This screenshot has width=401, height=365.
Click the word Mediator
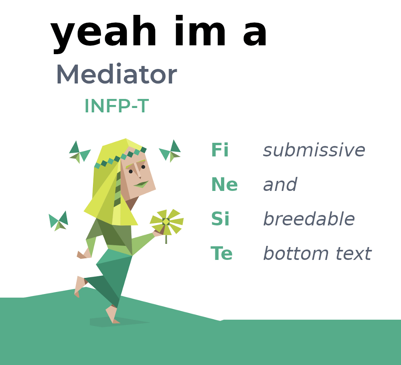117,74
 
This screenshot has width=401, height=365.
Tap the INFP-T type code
117,106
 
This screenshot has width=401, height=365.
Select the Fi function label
220,150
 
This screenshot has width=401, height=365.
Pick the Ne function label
224,185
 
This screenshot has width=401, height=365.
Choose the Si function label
220,219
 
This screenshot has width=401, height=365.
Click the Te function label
221,253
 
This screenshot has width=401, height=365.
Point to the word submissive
314,150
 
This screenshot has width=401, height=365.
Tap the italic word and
280,185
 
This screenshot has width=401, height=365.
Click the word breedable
309,219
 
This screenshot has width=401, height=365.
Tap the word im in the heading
200,31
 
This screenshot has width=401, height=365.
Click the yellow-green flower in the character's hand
166,222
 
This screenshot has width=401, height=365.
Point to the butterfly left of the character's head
80,152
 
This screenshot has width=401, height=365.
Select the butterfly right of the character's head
170,151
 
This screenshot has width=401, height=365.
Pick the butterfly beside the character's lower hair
59,221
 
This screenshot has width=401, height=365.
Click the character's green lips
141,184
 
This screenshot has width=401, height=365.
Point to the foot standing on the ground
112,314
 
